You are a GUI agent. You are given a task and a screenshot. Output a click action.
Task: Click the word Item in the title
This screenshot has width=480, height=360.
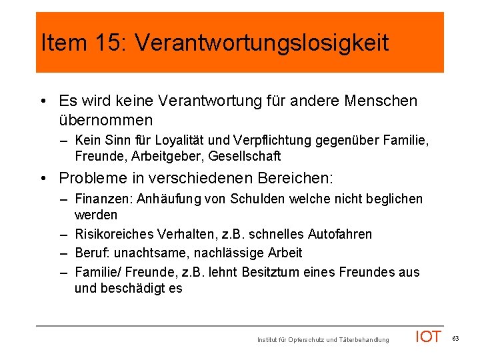pyautogui.click(x=63, y=43)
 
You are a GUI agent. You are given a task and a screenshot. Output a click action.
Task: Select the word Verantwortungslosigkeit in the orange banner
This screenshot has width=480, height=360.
pyautogui.click(x=261, y=43)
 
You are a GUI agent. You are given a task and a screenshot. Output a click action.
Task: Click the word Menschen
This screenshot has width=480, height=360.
pyautogui.click(x=382, y=101)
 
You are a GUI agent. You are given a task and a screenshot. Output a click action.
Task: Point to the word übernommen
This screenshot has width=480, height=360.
pyautogui.click(x=106, y=121)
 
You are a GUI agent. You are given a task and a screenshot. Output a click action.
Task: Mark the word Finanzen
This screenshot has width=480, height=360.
pyautogui.click(x=100, y=199)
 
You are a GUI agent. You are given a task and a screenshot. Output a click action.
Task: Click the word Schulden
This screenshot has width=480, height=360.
pyautogui.click(x=257, y=199)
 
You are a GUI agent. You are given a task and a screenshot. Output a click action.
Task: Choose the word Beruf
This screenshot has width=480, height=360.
pyautogui.click(x=91, y=253)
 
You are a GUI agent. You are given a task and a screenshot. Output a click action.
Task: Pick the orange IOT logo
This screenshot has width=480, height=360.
pyautogui.click(x=428, y=337)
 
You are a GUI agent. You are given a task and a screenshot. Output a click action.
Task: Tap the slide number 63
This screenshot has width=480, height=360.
pyautogui.click(x=456, y=339)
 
